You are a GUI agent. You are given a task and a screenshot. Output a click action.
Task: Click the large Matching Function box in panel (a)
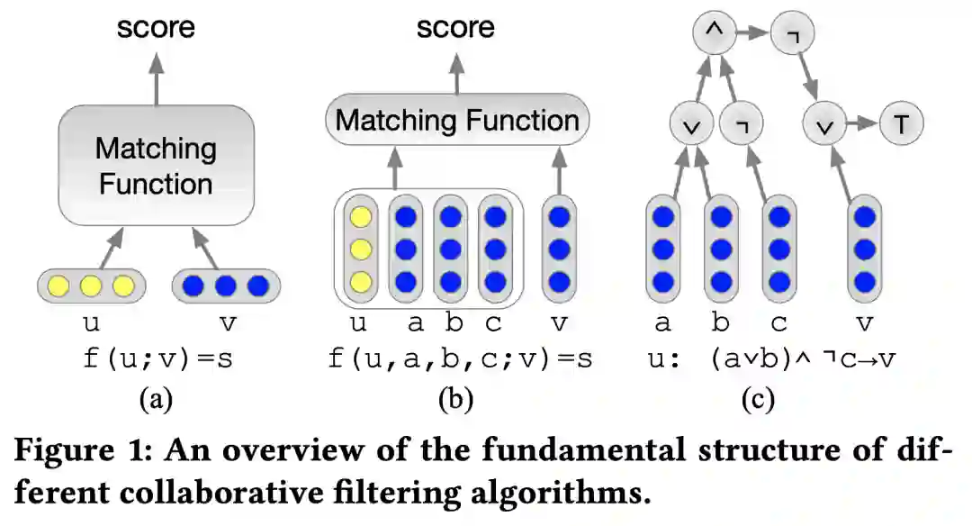click(157, 167)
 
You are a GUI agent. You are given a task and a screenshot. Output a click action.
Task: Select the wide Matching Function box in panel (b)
click(457, 121)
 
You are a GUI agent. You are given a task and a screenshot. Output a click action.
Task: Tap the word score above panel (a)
click(157, 28)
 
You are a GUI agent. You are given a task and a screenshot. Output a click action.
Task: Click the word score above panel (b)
click(455, 28)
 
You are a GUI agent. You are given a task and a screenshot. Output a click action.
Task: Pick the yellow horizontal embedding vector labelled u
click(90, 286)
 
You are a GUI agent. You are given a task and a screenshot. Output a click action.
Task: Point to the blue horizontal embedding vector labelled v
click(226, 286)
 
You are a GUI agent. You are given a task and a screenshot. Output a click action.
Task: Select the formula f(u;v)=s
click(158, 359)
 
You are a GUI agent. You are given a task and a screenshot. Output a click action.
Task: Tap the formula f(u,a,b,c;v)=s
click(460, 359)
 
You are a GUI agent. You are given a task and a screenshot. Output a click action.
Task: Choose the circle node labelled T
click(902, 125)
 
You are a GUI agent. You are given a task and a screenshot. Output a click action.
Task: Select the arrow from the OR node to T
click(863, 125)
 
